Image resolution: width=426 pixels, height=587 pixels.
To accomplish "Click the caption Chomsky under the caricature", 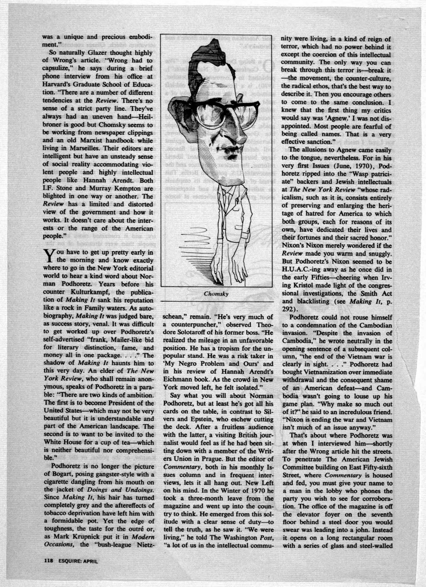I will (x=216, y=294).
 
